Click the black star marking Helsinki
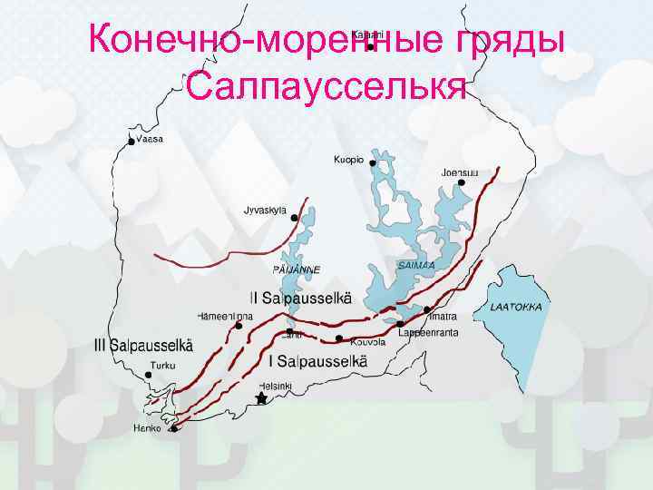[261, 397]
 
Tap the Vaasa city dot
[132, 142]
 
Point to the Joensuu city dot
[462, 182]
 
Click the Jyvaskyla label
[265, 210]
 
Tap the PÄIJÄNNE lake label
[297, 269]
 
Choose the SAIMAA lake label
[416, 265]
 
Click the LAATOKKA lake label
[516, 307]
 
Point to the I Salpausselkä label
[318, 361]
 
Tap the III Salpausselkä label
[143, 345]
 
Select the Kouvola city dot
[338, 339]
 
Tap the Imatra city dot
[427, 309]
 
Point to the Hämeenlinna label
[226, 316]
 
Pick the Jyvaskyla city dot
[294, 218]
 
